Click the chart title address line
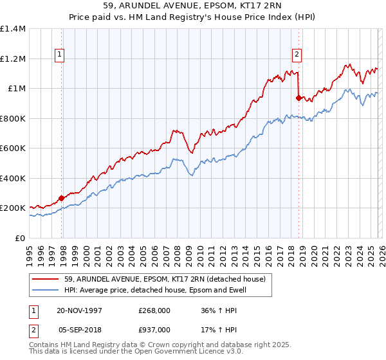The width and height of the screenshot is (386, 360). (193, 6)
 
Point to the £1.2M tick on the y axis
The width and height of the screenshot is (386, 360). (12, 59)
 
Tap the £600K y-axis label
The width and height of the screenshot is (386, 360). (12, 148)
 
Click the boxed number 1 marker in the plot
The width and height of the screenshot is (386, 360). (59, 55)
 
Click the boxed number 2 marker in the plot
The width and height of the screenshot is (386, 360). (297, 55)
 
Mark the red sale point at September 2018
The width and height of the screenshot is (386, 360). (299, 98)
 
